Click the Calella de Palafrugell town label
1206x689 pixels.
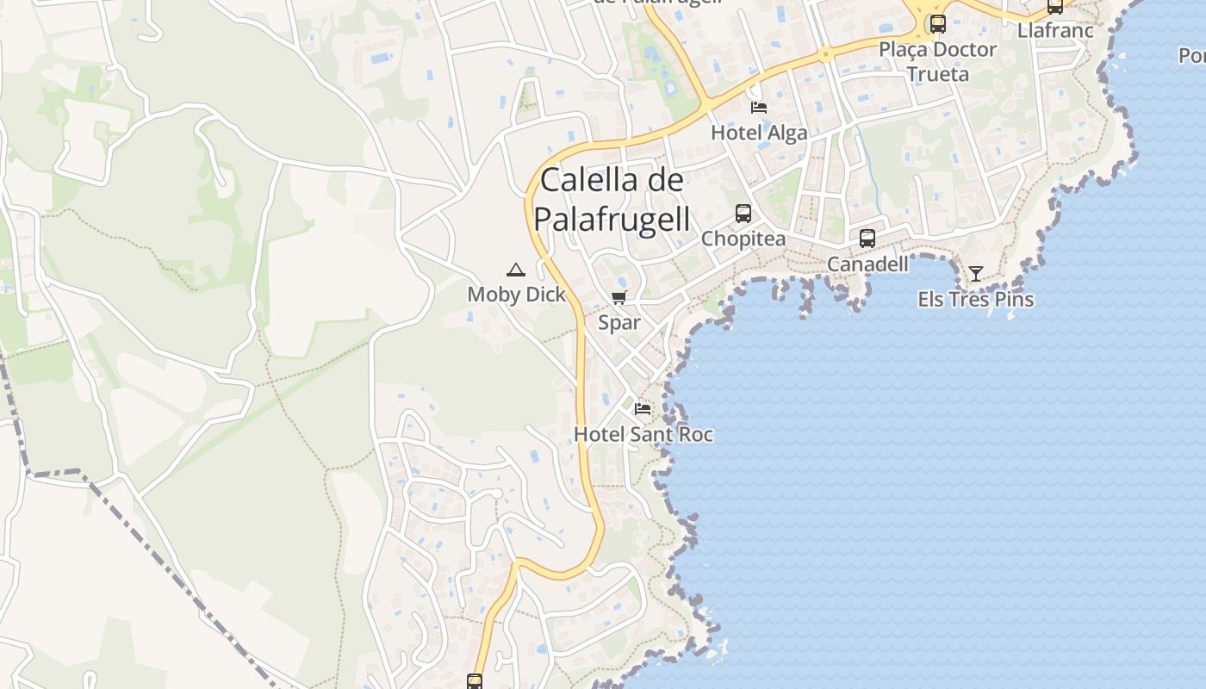[612, 200]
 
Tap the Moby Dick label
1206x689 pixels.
[517, 294]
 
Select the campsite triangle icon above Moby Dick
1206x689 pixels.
[515, 270]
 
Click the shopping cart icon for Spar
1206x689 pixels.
[619, 298]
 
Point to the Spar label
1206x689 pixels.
[619, 322]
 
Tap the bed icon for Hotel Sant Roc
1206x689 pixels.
[643, 408]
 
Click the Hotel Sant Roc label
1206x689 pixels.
[643, 434]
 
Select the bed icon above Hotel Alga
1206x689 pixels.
[759, 108]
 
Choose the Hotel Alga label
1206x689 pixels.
[759, 133]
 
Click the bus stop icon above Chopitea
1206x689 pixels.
[743, 214]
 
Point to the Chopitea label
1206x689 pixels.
[743, 239]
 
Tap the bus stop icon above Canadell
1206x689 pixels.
[867, 239]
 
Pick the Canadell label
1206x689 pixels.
[867, 264]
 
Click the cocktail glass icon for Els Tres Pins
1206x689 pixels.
[975, 274]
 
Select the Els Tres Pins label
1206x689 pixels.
[975, 300]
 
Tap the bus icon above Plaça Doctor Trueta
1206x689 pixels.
[937, 24]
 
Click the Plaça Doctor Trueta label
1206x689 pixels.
[937, 61]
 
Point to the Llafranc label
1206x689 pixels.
[1055, 30]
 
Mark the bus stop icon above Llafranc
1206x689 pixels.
[1055, 7]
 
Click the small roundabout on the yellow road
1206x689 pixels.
[825, 54]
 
